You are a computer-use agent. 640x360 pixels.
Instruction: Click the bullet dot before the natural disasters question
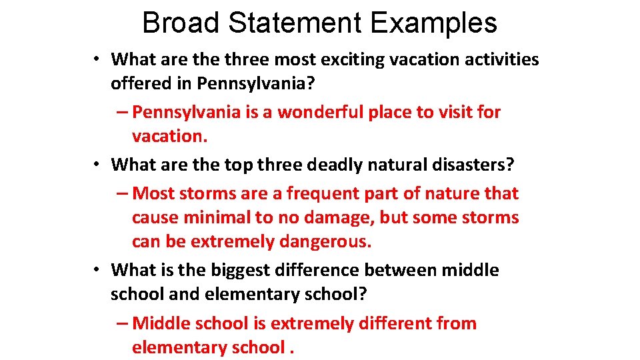[x=97, y=164]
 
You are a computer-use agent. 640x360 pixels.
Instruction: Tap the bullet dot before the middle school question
[x=97, y=270]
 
